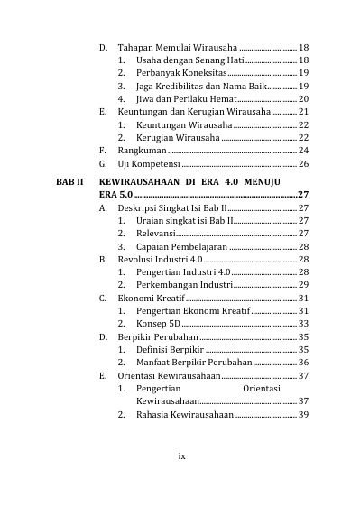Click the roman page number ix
pyautogui.click(x=180, y=455)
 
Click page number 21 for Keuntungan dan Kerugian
pyautogui.click(x=303, y=111)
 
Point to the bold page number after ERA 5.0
pyautogui.click(x=303, y=194)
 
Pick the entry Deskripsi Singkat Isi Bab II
pyautogui.click(x=171, y=207)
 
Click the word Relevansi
pyautogui.click(x=156, y=233)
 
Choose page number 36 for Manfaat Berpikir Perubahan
pyautogui.click(x=303, y=362)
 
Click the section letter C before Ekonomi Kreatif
pyautogui.click(x=103, y=298)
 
